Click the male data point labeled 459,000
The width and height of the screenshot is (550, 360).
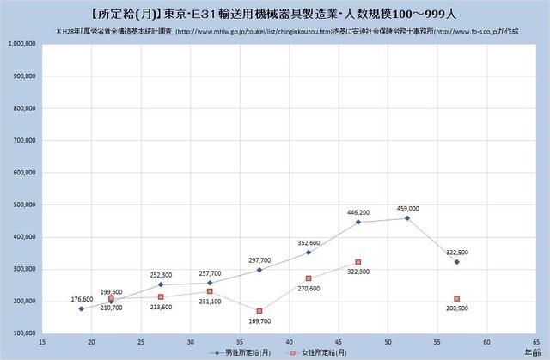(407, 218)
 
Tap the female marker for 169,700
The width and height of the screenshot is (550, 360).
(259, 310)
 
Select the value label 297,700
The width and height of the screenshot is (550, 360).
(258, 259)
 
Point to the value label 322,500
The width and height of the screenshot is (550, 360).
(457, 252)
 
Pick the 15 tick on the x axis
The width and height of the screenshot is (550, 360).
(43, 341)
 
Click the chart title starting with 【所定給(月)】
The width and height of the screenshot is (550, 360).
(274, 12)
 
